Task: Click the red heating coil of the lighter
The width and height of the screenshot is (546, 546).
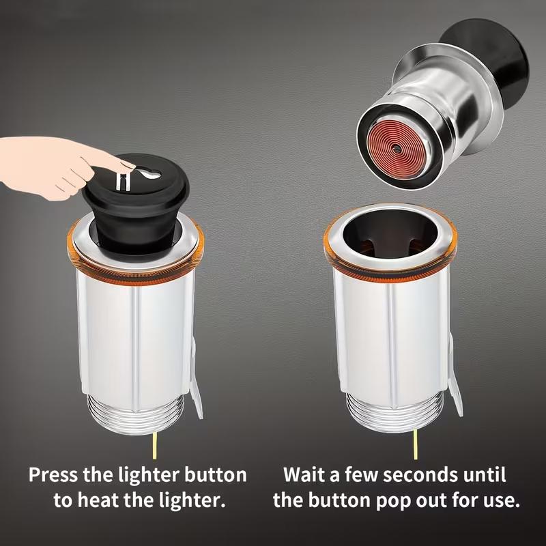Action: pyautogui.click(x=395, y=148)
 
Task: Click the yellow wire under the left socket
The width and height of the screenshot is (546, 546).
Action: pyautogui.click(x=155, y=446)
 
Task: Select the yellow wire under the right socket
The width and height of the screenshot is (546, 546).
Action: pyautogui.click(x=415, y=444)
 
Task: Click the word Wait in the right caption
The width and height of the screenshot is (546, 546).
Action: pyautogui.click(x=305, y=474)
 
